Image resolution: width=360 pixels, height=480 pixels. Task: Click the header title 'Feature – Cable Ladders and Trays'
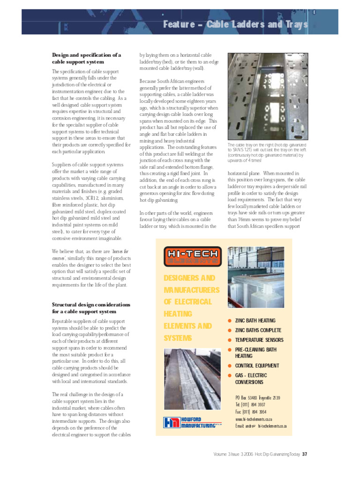pyautogui.click(x=235, y=24)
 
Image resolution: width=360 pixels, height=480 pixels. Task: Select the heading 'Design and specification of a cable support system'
pyautogui.click(x=86, y=58)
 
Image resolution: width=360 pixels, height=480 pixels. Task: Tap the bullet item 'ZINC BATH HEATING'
pyautogui.click(x=255, y=321)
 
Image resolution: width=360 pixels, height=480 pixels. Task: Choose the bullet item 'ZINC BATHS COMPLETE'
pyautogui.click(x=258, y=330)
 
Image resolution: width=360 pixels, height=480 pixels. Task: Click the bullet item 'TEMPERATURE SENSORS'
pyautogui.click(x=259, y=340)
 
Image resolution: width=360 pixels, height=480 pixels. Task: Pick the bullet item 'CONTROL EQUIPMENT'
pyautogui.click(x=257, y=366)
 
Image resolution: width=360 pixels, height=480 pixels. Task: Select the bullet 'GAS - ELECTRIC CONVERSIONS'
pyautogui.click(x=251, y=378)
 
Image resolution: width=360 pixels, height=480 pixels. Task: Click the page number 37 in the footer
pyautogui.click(x=305, y=454)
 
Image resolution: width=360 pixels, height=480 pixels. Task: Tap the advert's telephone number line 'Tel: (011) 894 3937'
pyautogui.click(x=250, y=405)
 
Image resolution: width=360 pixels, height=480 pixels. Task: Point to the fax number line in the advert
pyautogui.click(x=250, y=412)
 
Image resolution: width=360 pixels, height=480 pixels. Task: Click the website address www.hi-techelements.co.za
pyautogui.click(x=254, y=419)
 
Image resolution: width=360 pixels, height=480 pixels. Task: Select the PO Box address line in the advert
pyautogui.click(x=258, y=397)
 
